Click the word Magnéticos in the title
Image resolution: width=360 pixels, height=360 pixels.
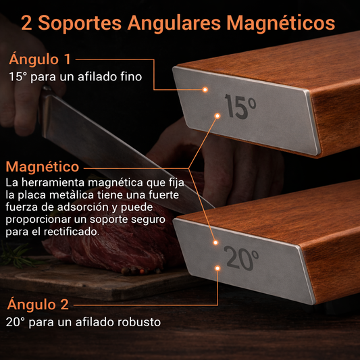coord(281,24)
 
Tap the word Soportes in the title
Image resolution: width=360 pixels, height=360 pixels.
coord(80,23)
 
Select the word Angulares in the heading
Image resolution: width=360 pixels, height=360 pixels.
coord(174,24)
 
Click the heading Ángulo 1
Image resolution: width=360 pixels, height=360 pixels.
coord(40,59)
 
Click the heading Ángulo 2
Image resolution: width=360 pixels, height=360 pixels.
coord(38,304)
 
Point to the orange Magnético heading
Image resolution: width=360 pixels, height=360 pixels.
coord(43,167)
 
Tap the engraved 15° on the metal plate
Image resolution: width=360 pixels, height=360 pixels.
coord(240,107)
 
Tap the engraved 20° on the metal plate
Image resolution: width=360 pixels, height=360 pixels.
coord(241,258)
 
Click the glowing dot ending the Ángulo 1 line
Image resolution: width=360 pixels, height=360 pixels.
coord(205,89)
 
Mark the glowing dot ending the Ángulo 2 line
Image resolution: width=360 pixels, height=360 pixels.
coord(217,268)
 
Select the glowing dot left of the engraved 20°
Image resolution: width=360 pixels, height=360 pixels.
coord(215,242)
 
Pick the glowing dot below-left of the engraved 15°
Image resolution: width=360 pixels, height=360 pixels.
coord(217,115)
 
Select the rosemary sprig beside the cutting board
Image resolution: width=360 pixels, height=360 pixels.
coord(17,255)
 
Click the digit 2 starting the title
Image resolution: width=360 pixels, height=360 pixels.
coord(26,23)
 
